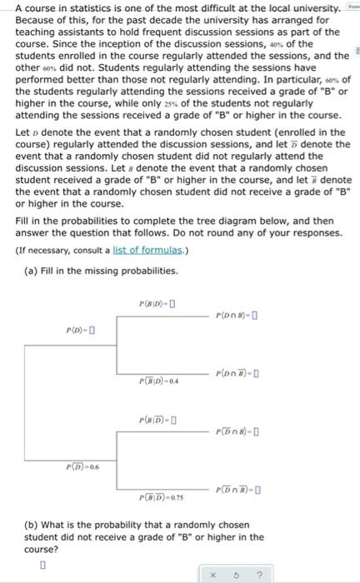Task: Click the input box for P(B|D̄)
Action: click(172, 420)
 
